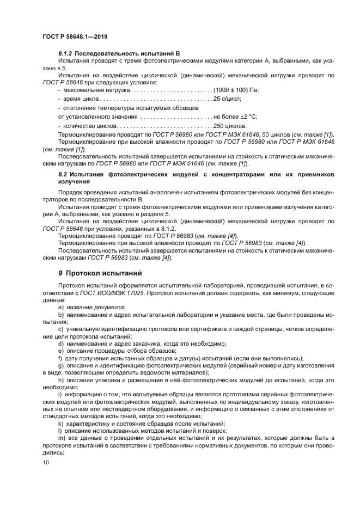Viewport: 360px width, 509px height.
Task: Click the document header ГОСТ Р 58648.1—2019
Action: tap(75, 36)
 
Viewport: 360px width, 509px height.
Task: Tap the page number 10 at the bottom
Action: tap(45, 462)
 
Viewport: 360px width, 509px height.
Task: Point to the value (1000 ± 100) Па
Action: tap(236, 89)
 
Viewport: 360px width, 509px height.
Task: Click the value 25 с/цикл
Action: tap(227, 99)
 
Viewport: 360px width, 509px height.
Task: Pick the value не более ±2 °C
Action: tap(235, 116)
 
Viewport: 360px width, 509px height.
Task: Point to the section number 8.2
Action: tap(63, 174)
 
